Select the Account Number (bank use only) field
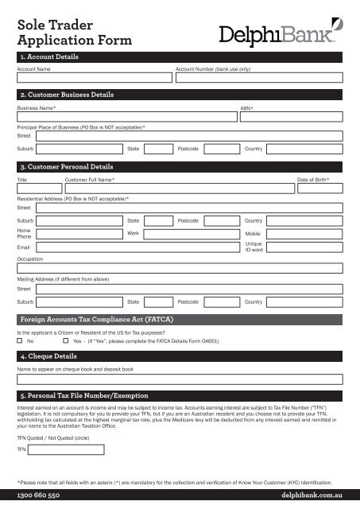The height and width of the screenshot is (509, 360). [258, 78]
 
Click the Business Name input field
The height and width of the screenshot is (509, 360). [126, 116]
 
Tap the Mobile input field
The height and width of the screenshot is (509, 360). [305, 233]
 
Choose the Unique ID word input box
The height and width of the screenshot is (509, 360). [305, 247]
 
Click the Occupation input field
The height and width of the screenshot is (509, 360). [179, 269]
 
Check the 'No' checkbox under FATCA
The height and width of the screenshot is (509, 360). [20, 340]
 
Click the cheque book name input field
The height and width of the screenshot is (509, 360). [179, 379]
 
